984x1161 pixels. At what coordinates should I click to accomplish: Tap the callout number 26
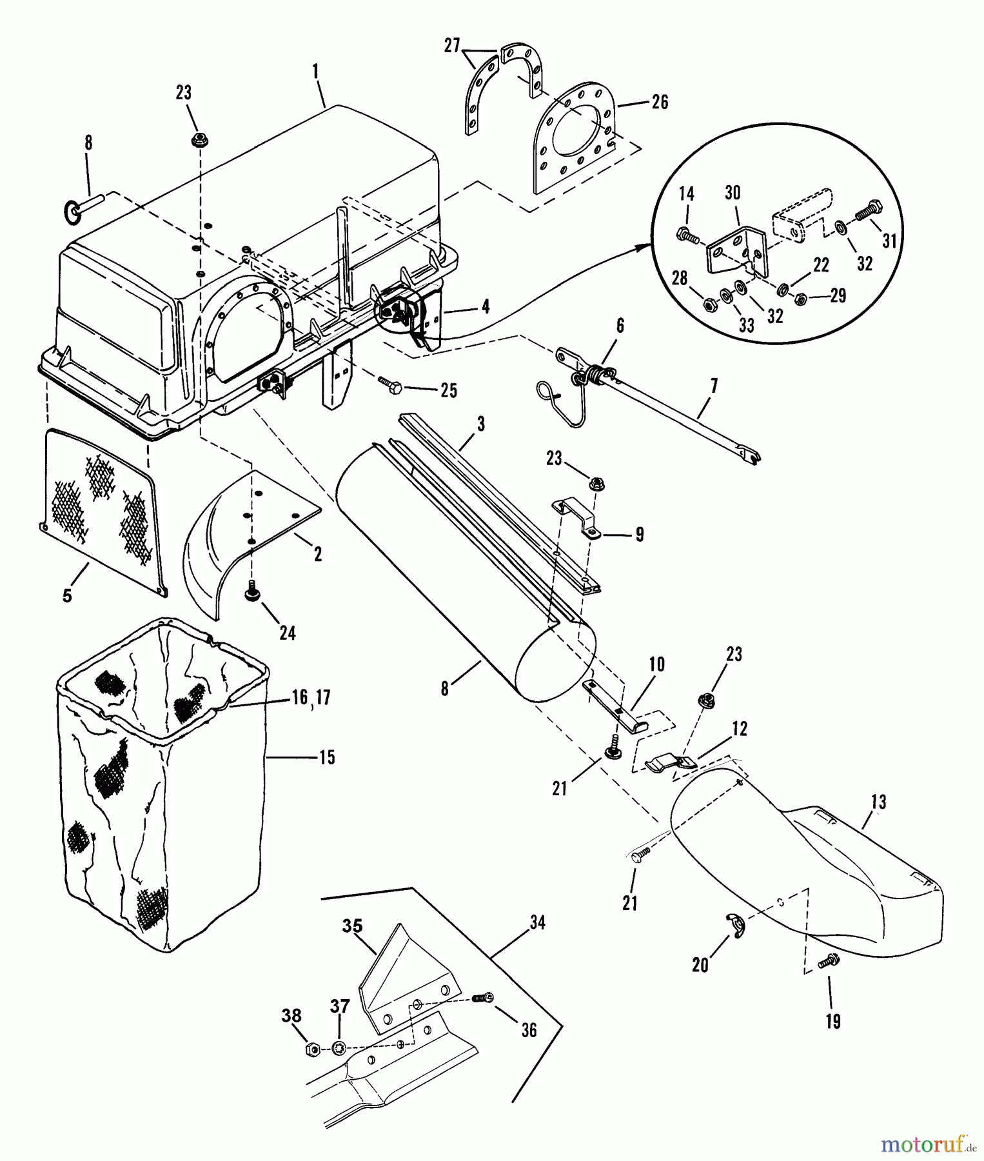(x=660, y=102)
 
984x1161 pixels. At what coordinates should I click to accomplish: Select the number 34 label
(x=537, y=923)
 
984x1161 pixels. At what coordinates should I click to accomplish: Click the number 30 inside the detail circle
(x=733, y=193)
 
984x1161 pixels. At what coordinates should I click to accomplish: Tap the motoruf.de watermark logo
(x=928, y=1144)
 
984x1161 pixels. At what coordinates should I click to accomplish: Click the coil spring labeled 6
(x=599, y=374)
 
